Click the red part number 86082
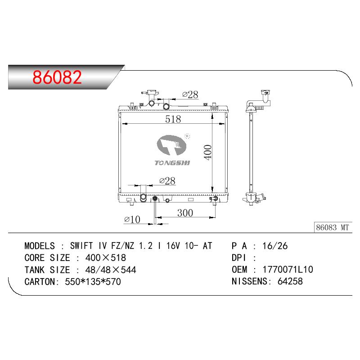57,77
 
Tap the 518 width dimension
173,119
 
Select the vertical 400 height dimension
207,152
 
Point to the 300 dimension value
185,213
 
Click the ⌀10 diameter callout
132,220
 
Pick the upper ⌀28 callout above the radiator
190,94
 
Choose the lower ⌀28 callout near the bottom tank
167,181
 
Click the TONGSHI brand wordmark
172,163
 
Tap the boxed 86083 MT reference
333,228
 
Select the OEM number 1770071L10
288,270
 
